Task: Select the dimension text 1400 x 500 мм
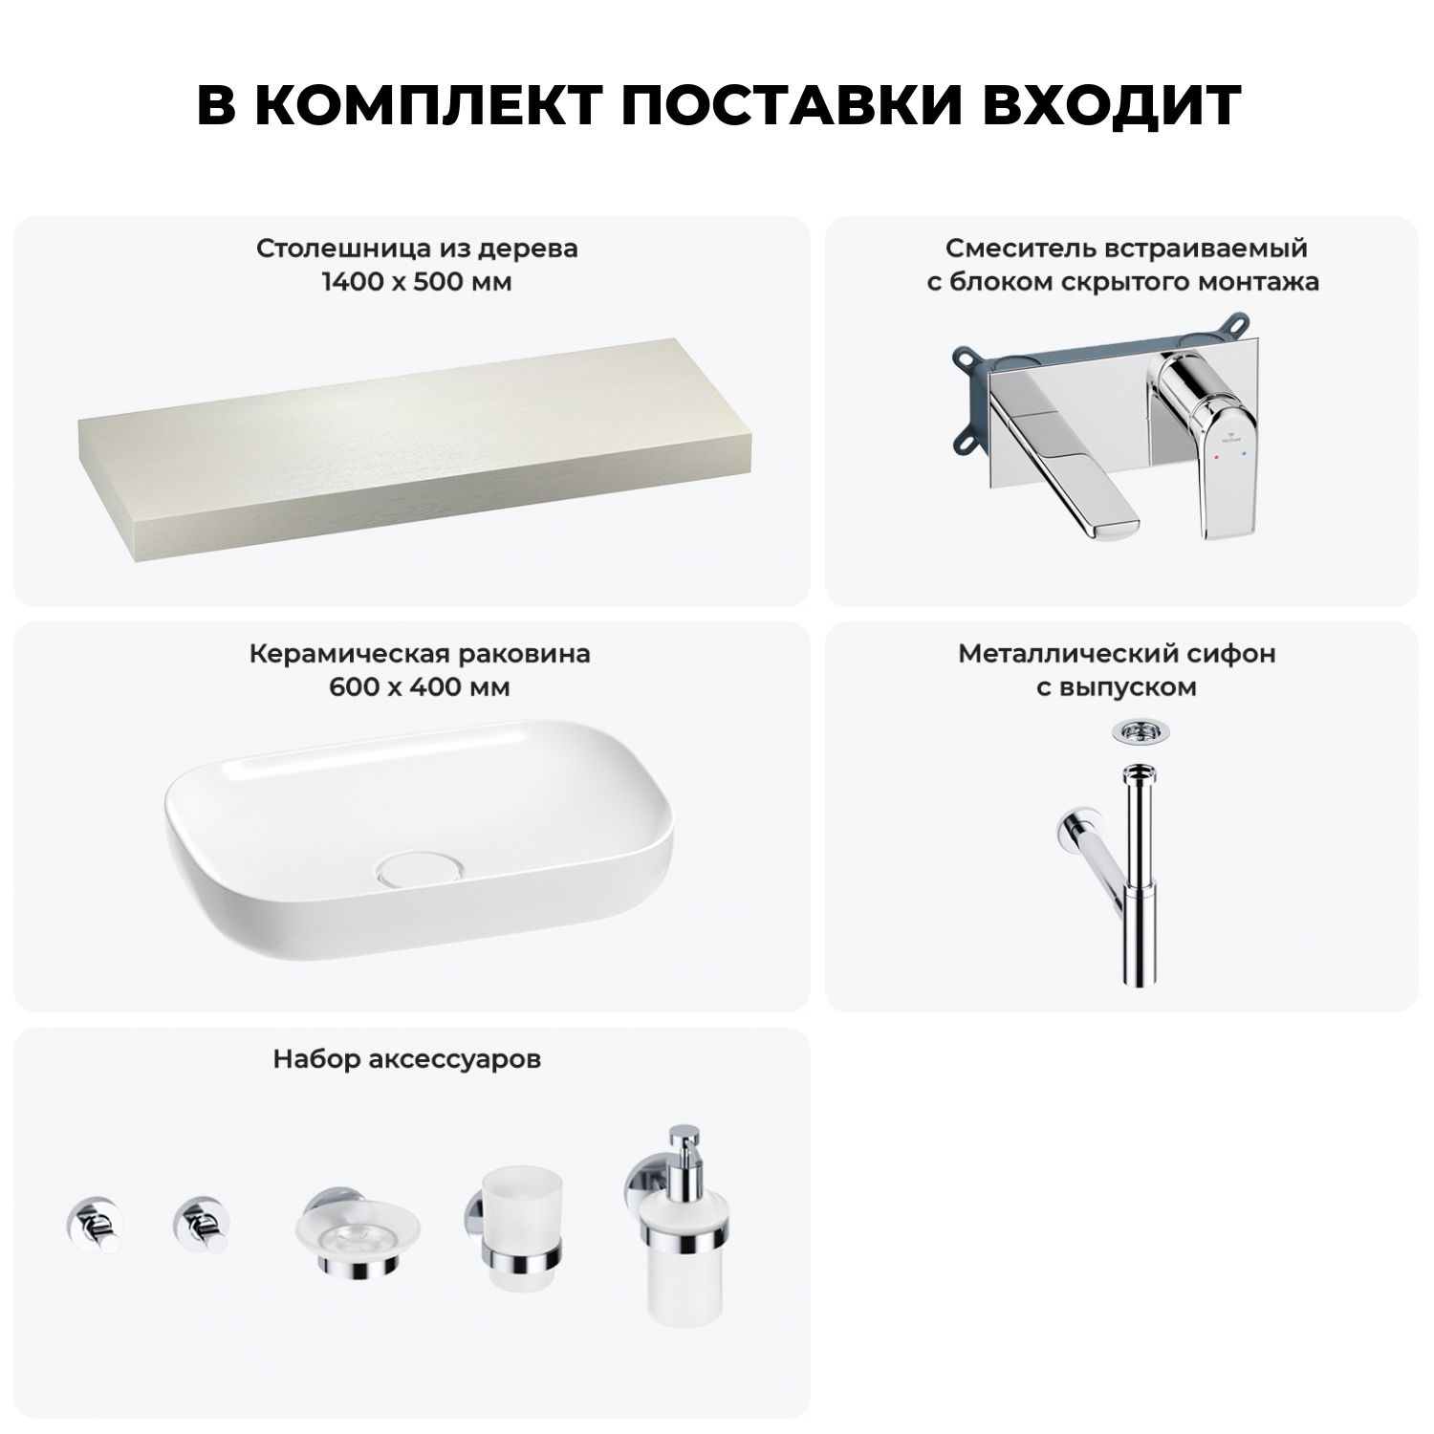[x=417, y=282]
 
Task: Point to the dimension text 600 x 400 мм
[x=420, y=687]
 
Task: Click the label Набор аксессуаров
[x=407, y=1059]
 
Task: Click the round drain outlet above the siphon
[x=1136, y=731]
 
